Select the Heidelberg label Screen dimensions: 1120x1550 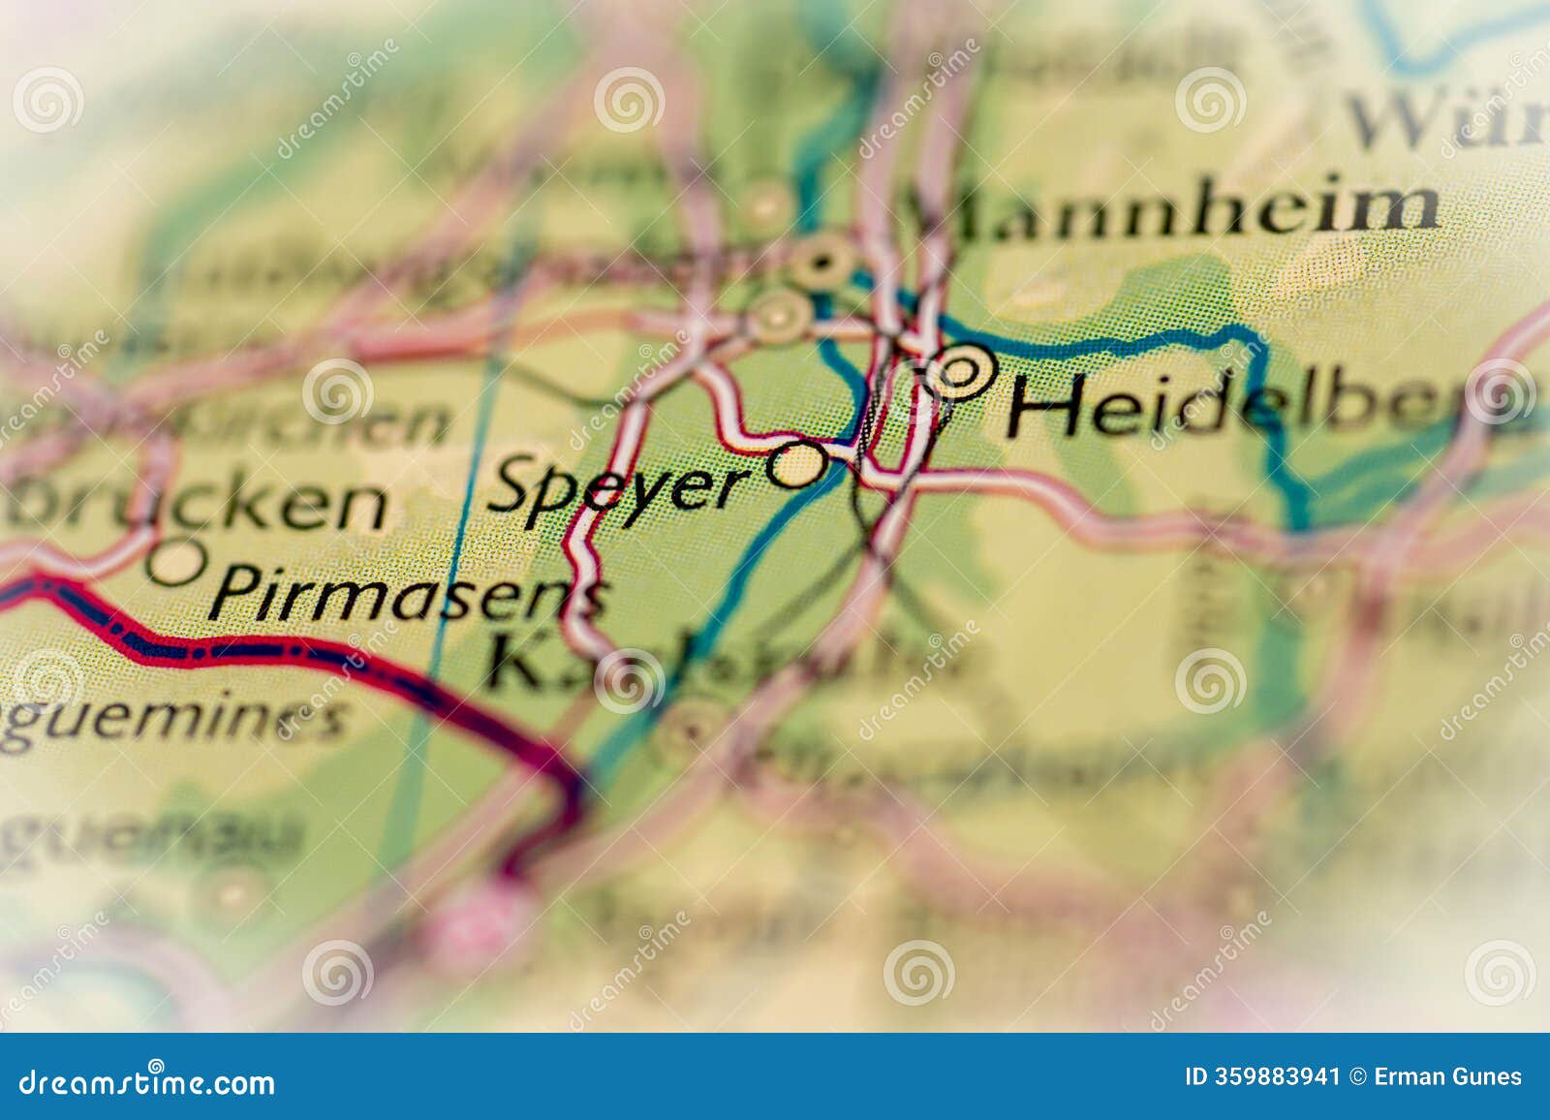point(1259,405)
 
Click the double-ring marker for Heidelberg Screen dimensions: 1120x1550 point(959,373)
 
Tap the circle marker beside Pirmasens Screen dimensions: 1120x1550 point(177,561)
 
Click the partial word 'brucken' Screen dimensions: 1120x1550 point(194,505)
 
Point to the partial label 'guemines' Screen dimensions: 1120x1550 point(174,722)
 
